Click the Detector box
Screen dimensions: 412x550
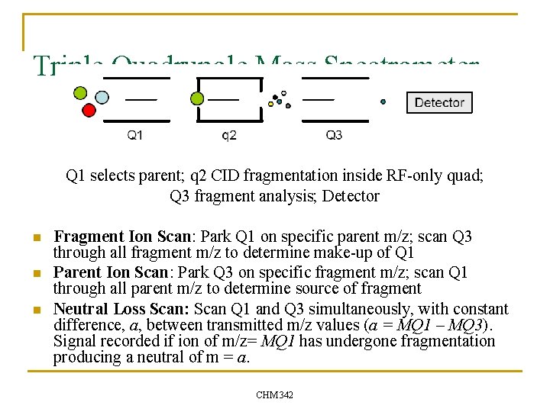pyautogui.click(x=439, y=102)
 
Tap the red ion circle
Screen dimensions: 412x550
pyautogui.click(x=89, y=111)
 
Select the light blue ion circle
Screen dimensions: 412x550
pyautogui.click(x=102, y=98)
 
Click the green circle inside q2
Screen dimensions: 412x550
pyautogui.click(x=197, y=98)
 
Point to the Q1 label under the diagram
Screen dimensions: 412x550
pyautogui.click(x=134, y=135)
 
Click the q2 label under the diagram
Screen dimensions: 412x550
pyautogui.click(x=229, y=135)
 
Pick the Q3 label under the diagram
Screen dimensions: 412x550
pyautogui.click(x=334, y=135)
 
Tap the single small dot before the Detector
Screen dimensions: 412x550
pyautogui.click(x=383, y=101)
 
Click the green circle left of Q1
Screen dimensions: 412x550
pyautogui.click(x=80, y=93)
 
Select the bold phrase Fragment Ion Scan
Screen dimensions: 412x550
pyautogui.click(x=122, y=237)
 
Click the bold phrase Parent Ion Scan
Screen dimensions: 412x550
pyautogui.click(x=111, y=272)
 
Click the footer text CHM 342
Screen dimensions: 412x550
pyautogui.click(x=275, y=394)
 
